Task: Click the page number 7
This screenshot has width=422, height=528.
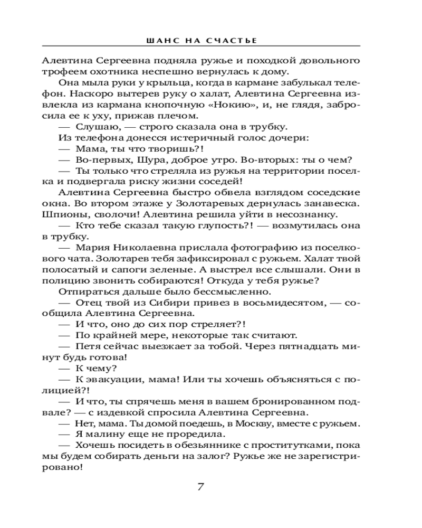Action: click(x=200, y=486)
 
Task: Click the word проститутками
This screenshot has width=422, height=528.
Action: click(x=288, y=445)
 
